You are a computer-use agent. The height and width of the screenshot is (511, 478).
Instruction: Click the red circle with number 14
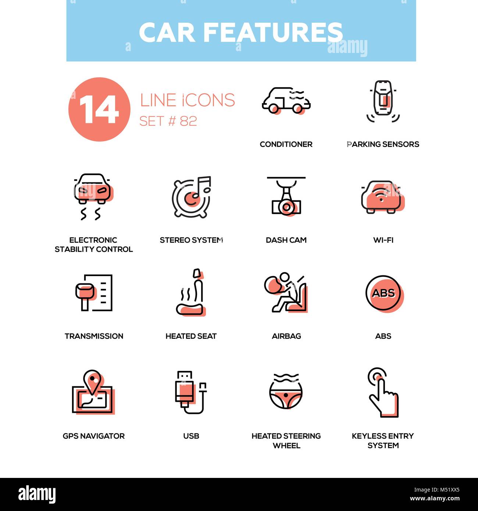point(99,109)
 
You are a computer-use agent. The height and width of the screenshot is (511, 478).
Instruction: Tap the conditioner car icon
point(286,100)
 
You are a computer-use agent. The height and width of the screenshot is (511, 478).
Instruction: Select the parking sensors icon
point(383,101)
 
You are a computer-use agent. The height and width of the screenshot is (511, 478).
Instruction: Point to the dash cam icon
point(286,197)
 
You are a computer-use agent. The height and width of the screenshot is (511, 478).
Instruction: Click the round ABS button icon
point(383,293)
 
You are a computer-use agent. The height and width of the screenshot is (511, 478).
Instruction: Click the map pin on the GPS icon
point(92,381)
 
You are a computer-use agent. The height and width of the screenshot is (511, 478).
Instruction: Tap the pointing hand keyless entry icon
point(383,393)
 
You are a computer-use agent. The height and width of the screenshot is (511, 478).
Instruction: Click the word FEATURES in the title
point(273,32)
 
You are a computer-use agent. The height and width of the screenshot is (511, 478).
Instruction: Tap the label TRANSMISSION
point(94,336)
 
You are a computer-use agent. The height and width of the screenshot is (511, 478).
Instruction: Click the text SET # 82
point(168,121)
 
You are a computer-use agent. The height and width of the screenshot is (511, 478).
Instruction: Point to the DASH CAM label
point(286,240)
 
